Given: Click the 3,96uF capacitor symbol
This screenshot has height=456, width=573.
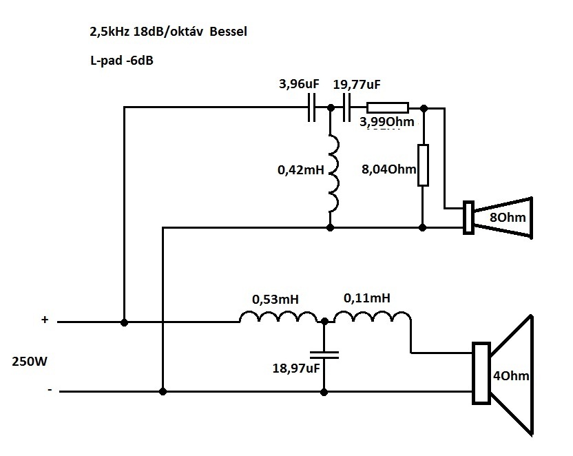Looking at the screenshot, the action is [x=311, y=107].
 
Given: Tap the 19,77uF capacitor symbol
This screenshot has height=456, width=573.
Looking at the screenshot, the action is [x=347, y=107].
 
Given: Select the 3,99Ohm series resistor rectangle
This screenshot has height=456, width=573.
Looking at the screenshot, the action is [x=387, y=107].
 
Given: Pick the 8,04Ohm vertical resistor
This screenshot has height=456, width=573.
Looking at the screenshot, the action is [x=423, y=165].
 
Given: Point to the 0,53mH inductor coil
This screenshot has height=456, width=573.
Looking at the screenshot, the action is [x=278, y=317].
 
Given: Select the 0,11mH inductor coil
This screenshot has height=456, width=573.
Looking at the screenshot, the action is [x=372, y=317].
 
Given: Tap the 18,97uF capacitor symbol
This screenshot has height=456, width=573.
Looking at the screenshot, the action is [x=324, y=355].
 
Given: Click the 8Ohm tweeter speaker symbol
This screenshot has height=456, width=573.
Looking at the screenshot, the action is [x=498, y=218].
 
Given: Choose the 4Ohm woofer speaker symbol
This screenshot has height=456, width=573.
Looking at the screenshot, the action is [x=502, y=374].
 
